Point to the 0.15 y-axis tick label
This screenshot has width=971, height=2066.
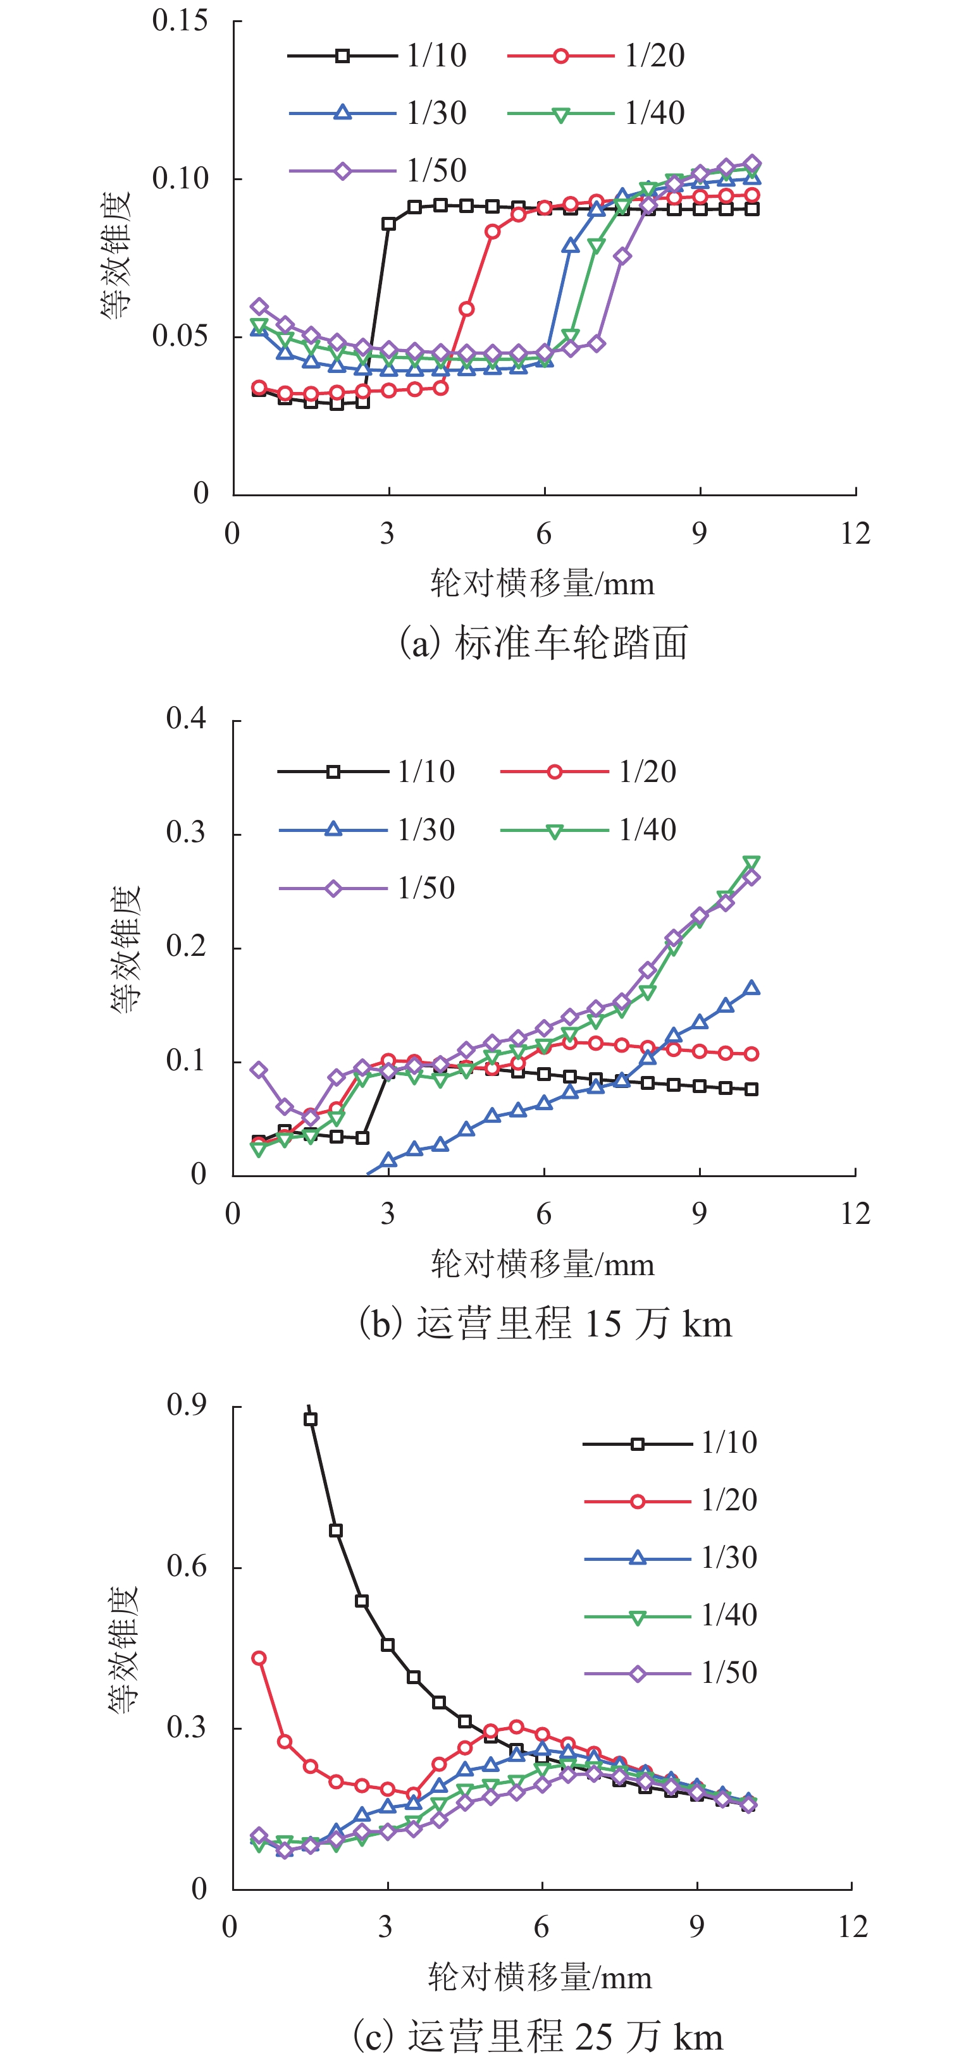pyautogui.click(x=180, y=21)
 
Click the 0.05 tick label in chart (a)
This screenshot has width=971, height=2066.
pyautogui.click(x=180, y=335)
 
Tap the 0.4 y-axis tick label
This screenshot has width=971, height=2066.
pyautogui.click(x=186, y=719)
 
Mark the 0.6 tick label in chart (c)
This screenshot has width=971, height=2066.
pyautogui.click(x=186, y=1565)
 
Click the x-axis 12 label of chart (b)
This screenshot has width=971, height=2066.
pyautogui.click(x=855, y=1213)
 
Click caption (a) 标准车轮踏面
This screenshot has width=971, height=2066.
pyautogui.click(x=544, y=642)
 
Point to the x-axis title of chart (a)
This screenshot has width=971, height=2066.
pyautogui.click(x=543, y=583)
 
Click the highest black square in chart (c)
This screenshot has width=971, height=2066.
pyautogui.click(x=311, y=1419)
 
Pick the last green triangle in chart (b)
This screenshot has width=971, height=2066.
pyautogui.click(x=751, y=863)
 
